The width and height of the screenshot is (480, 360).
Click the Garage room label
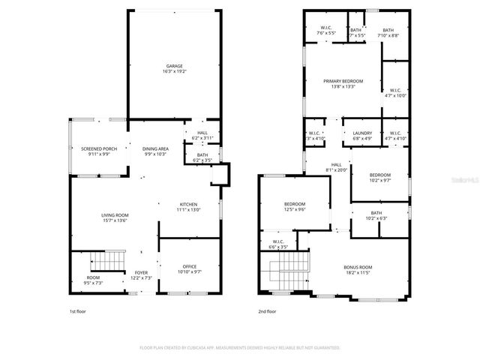(x=174, y=66)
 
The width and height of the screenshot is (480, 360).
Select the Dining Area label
(x=155, y=149)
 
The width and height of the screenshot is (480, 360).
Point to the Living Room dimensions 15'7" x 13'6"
(x=115, y=220)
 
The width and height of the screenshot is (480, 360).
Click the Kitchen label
(x=187, y=205)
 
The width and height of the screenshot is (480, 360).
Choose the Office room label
(x=189, y=266)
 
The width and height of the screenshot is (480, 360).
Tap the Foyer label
(x=141, y=272)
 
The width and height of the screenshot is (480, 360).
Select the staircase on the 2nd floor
(x=288, y=271)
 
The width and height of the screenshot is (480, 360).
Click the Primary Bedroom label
(x=343, y=81)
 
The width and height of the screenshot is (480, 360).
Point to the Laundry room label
(x=362, y=133)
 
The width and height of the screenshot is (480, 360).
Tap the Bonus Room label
(x=358, y=267)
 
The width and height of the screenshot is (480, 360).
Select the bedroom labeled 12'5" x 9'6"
(x=294, y=204)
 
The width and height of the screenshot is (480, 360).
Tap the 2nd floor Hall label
(x=336, y=164)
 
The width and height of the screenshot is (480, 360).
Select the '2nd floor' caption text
(x=268, y=310)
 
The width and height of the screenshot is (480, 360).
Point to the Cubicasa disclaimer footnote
(x=240, y=348)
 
